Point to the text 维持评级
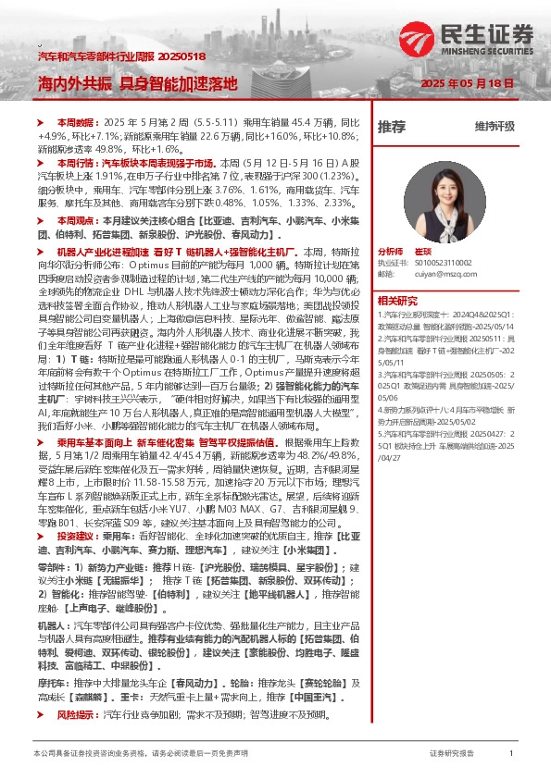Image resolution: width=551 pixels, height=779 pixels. click(495, 126)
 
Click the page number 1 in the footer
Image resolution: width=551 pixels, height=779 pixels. click(511, 754)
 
